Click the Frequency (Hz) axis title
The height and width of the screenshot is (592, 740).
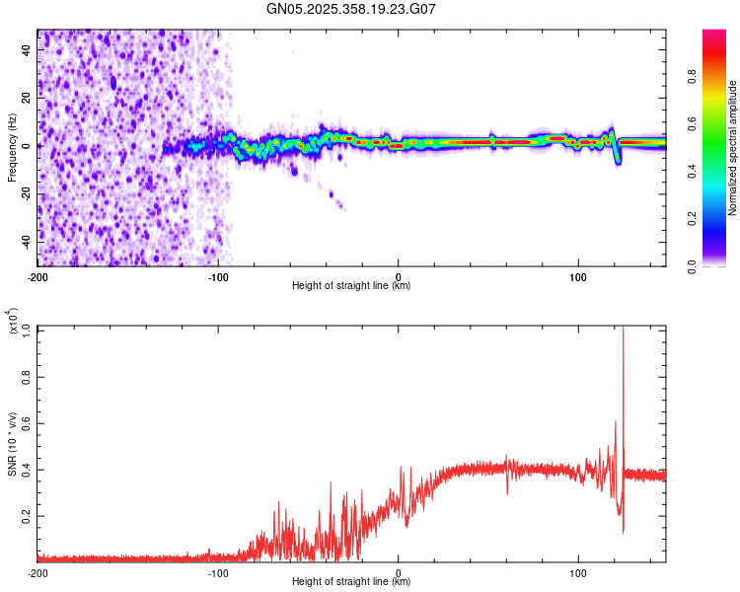click(12, 148)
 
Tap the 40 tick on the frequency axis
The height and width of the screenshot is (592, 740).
click(29, 49)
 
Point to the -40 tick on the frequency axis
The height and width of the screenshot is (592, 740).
click(27, 241)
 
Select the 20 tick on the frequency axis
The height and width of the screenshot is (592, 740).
click(29, 98)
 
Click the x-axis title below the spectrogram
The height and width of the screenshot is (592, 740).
click(351, 286)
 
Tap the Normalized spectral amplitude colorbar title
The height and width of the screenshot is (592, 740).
click(732, 148)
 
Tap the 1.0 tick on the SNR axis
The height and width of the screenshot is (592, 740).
click(26, 330)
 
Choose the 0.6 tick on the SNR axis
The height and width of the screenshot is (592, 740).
click(26, 422)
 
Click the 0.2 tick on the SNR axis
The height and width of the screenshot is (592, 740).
click(26, 515)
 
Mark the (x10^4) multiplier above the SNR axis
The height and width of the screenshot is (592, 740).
click(14, 322)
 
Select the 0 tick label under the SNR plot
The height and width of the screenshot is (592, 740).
click(399, 571)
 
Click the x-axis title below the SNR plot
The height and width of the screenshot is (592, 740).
click(351, 582)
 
